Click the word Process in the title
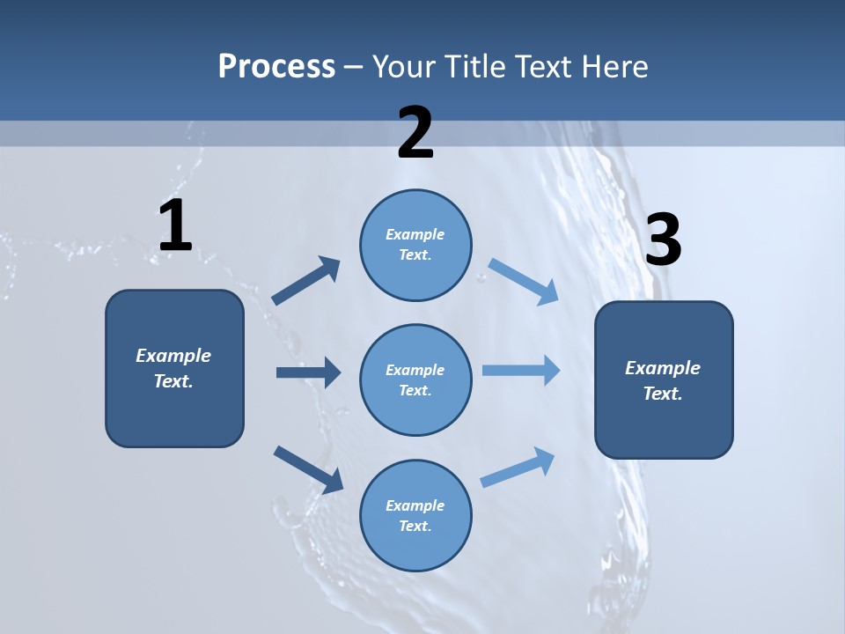pos(276,66)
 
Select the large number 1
pos(175,226)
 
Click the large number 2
pos(415,133)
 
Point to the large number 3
pos(664,240)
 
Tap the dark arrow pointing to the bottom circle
pos(308,469)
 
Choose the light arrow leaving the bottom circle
pos(518,468)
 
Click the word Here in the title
pos(614,66)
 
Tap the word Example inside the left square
pos(173,356)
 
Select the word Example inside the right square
pos(663,368)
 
